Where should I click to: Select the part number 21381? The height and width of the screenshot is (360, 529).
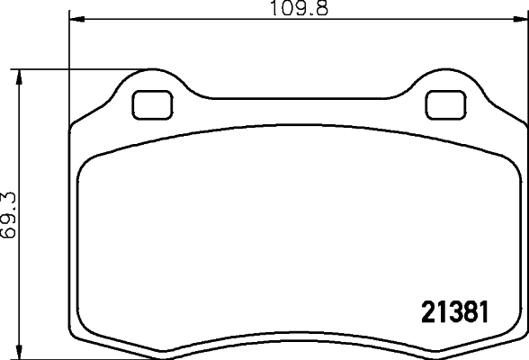click(x=454, y=312)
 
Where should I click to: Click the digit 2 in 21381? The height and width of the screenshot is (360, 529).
click(x=428, y=312)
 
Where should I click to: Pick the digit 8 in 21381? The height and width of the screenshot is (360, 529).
click(x=468, y=312)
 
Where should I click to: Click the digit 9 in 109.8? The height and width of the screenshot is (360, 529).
click(x=298, y=10)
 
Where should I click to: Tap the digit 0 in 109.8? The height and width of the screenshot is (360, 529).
click(x=285, y=10)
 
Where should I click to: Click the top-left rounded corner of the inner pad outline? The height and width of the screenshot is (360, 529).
click(x=88, y=163)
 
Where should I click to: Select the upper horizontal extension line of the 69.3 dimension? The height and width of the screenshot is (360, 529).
click(x=72, y=68)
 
